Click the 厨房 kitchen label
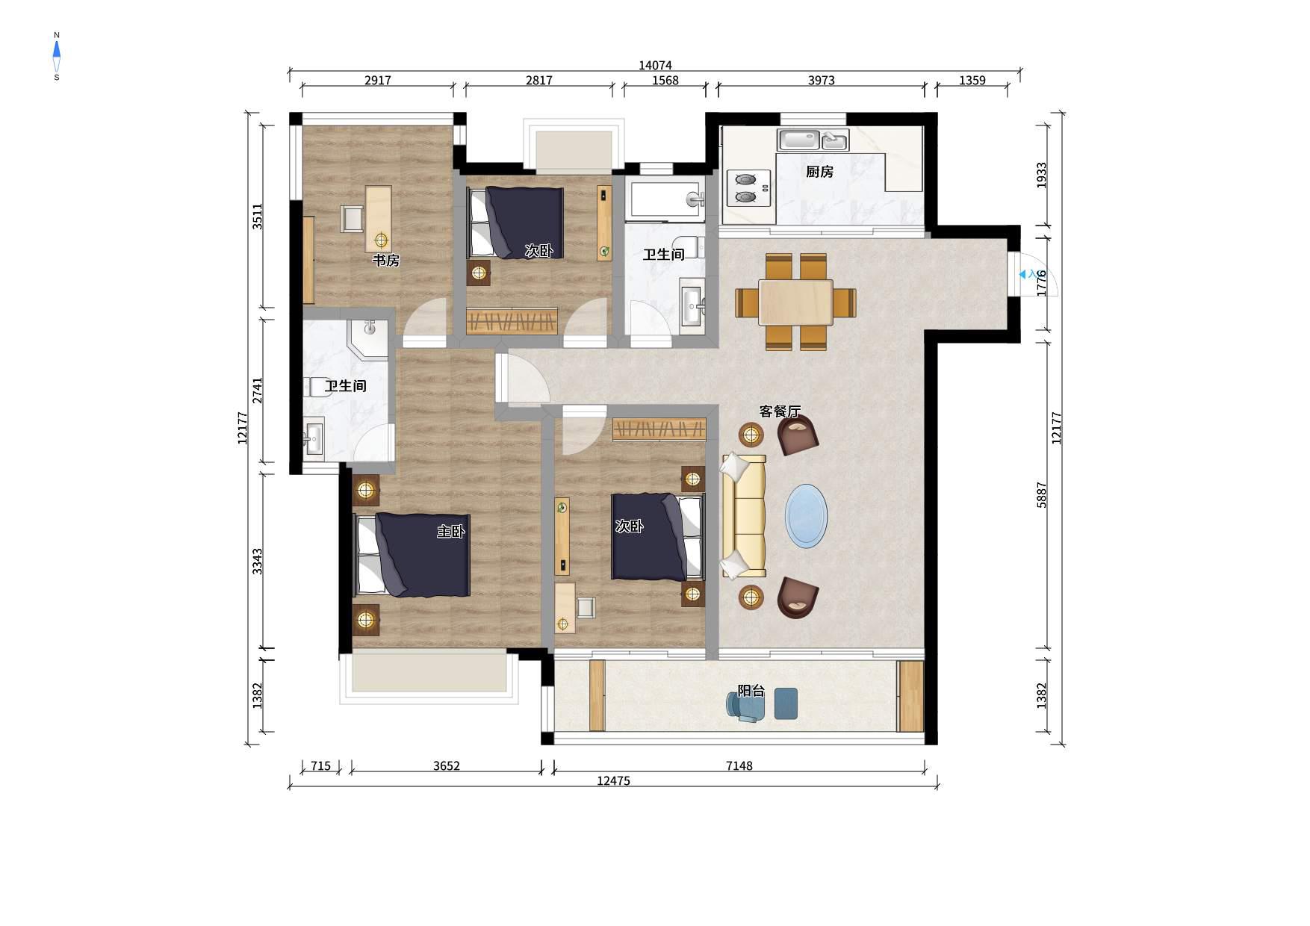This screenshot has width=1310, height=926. click(x=819, y=172)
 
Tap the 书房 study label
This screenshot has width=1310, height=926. click(x=386, y=261)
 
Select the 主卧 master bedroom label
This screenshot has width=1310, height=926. click(x=451, y=532)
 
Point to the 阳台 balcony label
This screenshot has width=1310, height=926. click(x=751, y=691)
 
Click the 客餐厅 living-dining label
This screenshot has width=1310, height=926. click(x=780, y=411)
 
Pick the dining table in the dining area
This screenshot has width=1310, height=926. click(x=795, y=302)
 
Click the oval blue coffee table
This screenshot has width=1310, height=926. click(x=806, y=516)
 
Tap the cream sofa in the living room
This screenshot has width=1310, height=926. click(x=743, y=516)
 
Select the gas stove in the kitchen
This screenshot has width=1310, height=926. click(x=748, y=188)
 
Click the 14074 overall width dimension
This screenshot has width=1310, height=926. click(x=655, y=66)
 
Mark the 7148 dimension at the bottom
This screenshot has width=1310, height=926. click(x=739, y=765)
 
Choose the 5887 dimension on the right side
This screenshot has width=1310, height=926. click(x=1042, y=495)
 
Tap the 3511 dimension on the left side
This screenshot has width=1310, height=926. click(x=257, y=217)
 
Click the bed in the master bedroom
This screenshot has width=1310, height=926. click(x=412, y=555)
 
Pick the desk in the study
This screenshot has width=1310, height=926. click(x=379, y=220)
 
